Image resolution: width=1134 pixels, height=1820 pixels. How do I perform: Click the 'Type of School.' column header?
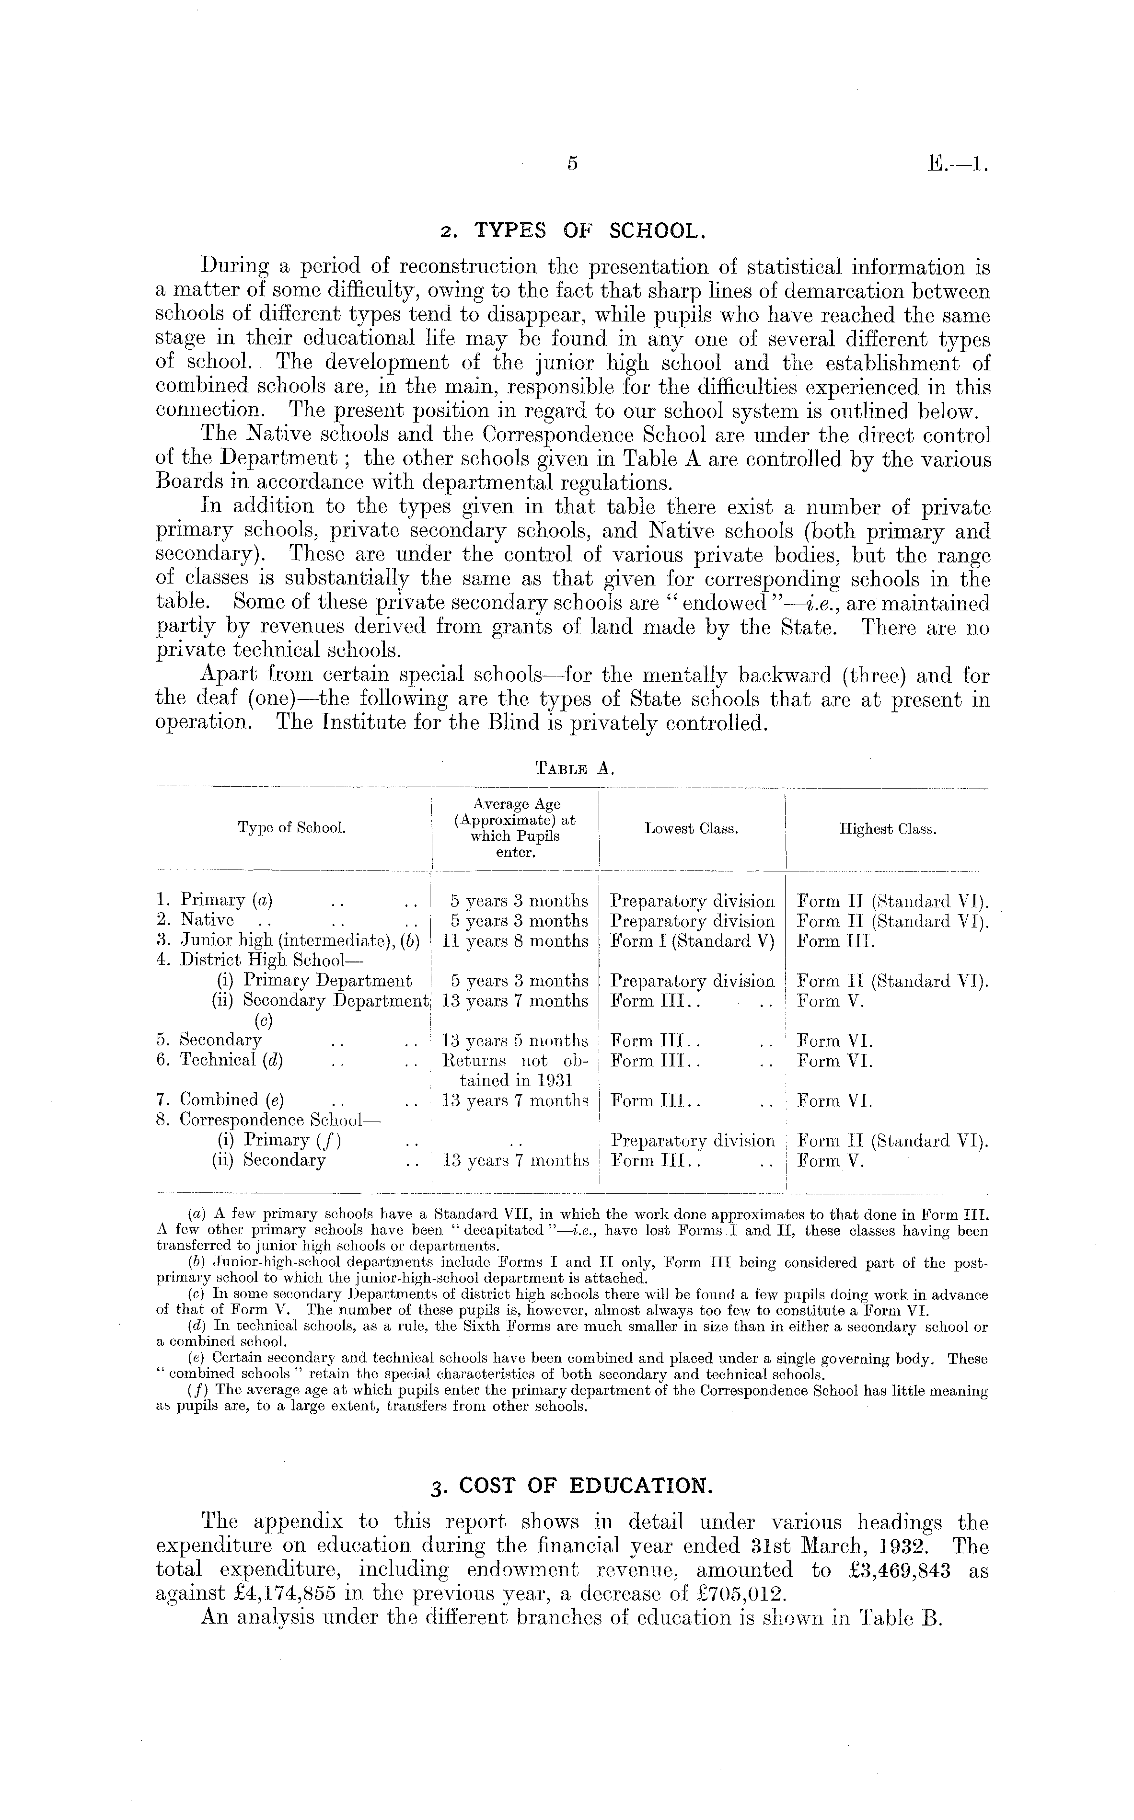[x=292, y=828]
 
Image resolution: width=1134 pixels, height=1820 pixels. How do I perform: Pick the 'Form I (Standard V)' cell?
[x=692, y=941]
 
